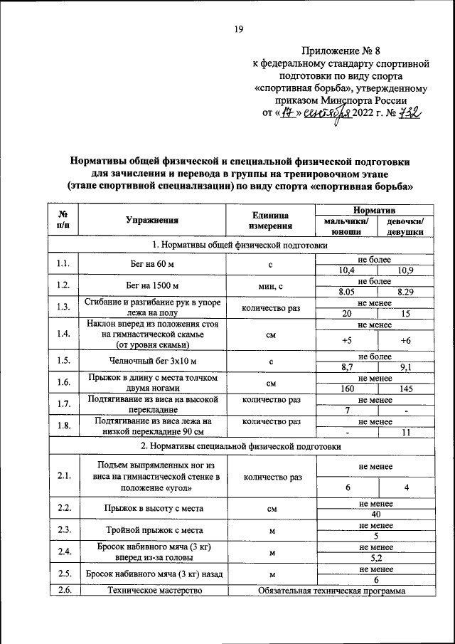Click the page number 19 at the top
point(238,28)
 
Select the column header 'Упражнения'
point(152,221)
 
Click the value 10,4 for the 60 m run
point(346,270)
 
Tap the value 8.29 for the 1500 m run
point(406,292)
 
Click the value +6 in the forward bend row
point(406,341)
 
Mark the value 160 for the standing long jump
point(346,389)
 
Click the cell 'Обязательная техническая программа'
point(332,590)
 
